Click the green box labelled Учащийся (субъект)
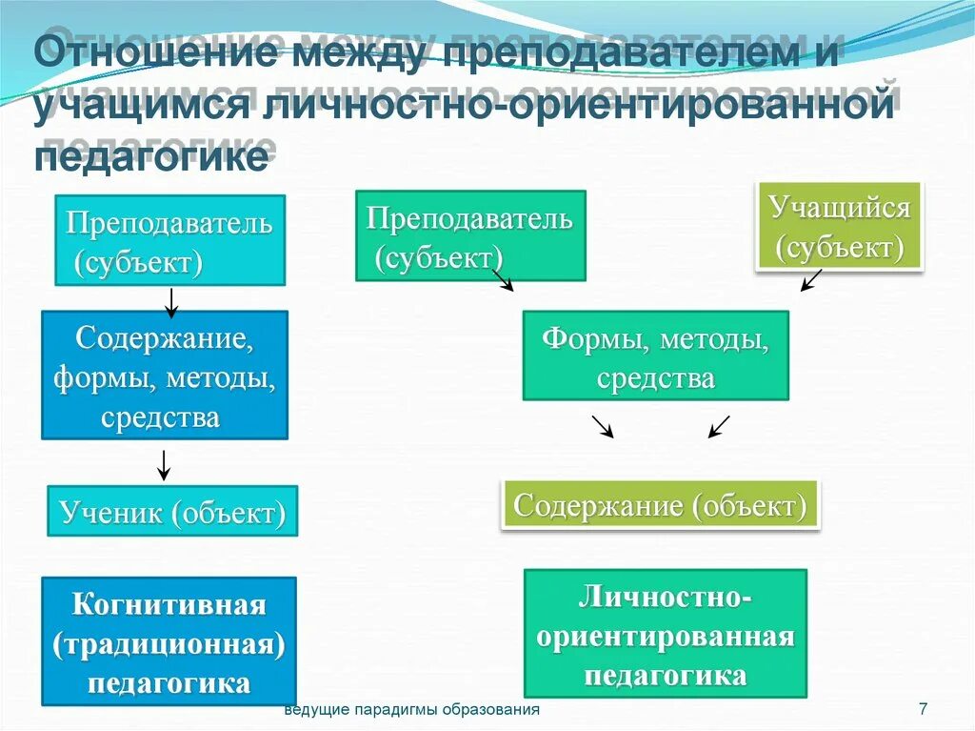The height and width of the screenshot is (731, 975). click(839, 227)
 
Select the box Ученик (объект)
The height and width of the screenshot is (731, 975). click(172, 512)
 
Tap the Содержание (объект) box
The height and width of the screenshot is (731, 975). click(660, 504)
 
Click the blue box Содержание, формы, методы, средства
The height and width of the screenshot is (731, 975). click(165, 375)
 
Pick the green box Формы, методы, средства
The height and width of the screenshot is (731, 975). click(655, 355)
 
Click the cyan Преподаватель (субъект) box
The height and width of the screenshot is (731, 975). click(169, 240)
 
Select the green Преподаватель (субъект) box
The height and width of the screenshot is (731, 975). click(470, 235)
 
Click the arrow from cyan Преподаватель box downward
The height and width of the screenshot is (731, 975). click(170, 301)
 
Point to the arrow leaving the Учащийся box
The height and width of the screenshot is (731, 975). click(810, 281)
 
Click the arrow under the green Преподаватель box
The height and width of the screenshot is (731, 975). click(503, 280)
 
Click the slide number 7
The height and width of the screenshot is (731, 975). click(923, 709)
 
